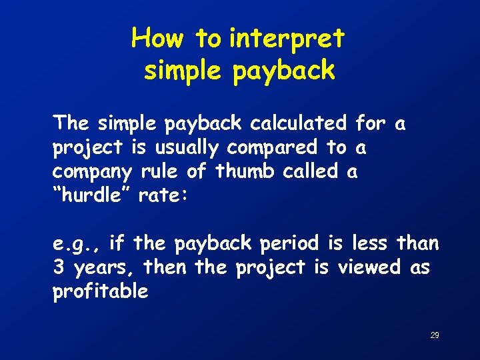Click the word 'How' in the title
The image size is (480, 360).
pos(159,39)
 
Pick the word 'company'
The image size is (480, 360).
pos(93,172)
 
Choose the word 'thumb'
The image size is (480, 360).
pos(244,171)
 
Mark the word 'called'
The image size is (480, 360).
pos(310,171)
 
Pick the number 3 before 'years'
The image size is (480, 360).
pos(59,267)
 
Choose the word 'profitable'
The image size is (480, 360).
pos(101,291)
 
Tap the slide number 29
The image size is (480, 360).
pos(434,335)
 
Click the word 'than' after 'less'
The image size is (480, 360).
pos(418,243)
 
